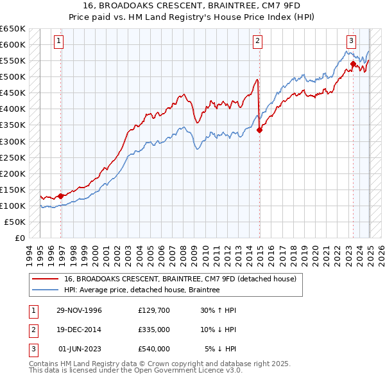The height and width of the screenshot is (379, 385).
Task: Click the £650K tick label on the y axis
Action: (13, 29)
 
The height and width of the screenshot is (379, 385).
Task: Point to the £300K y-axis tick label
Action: (13, 141)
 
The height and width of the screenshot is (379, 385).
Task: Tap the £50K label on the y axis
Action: (15, 222)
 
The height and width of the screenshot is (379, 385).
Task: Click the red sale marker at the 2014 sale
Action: (260, 130)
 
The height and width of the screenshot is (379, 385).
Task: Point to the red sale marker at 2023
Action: (353, 64)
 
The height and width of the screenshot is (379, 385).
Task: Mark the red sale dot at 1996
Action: (61, 196)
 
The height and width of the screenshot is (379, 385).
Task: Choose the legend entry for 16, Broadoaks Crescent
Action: (180, 279)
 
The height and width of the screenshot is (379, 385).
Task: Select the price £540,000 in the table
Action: (154, 349)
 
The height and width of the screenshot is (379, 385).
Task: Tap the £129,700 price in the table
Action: (154, 310)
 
